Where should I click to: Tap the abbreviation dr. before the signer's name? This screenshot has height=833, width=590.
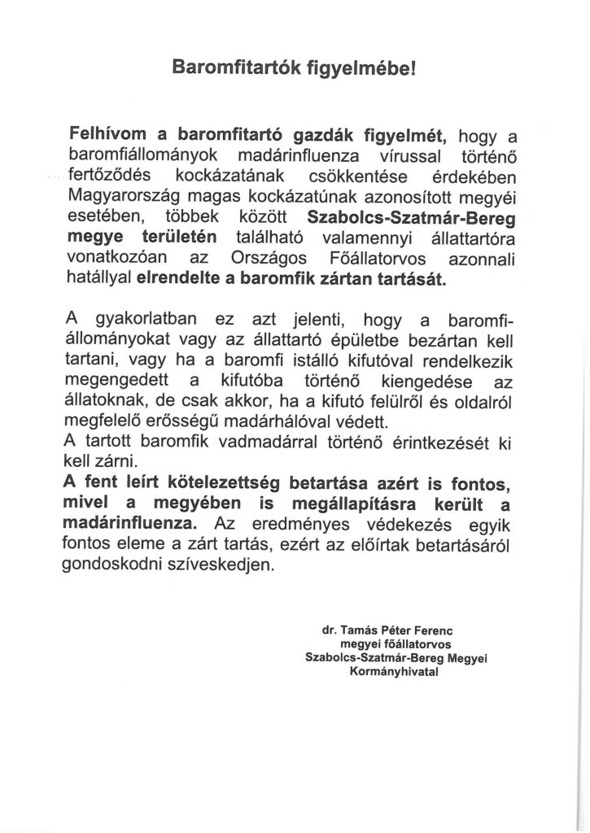point(330,630)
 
